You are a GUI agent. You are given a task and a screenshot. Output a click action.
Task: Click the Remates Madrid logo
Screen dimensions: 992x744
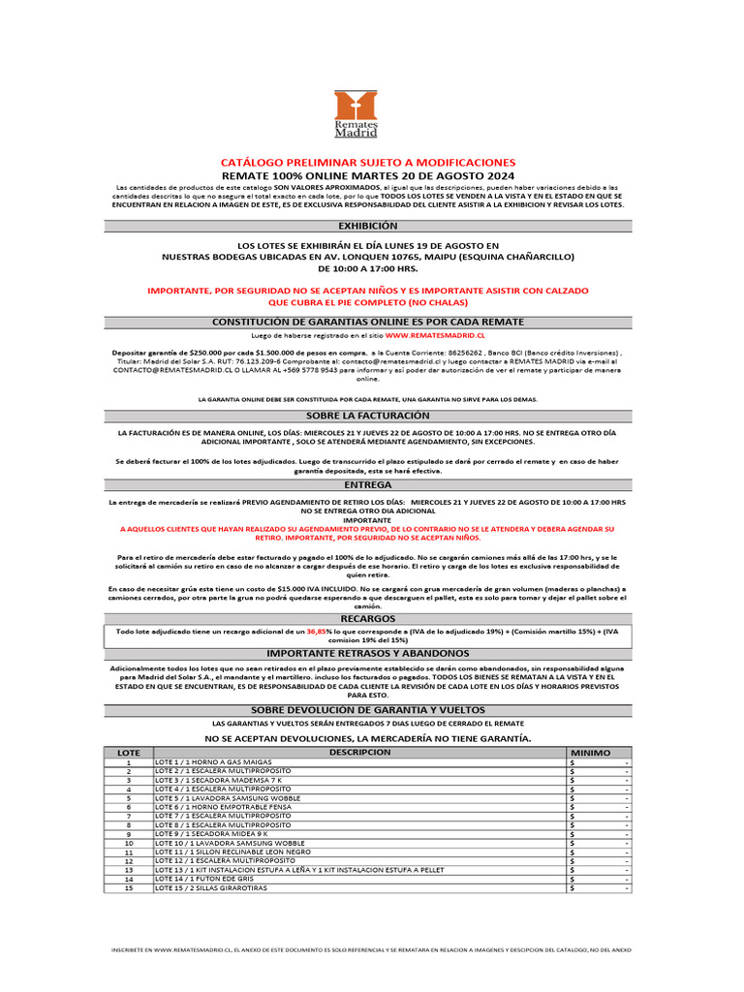pos(356,114)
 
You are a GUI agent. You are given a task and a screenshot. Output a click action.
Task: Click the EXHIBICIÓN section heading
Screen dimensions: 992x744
pos(367,225)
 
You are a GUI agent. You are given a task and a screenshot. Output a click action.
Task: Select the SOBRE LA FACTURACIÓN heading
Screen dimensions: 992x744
pos(367,415)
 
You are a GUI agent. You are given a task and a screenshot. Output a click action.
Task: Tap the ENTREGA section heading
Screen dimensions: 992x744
pos(367,483)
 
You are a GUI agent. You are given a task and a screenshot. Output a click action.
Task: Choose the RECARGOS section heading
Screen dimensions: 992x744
pos(367,617)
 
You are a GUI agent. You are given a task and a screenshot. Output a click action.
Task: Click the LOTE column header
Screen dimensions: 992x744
pos(129,752)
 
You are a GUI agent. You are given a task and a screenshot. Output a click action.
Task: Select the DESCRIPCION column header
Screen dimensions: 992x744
pos(359,752)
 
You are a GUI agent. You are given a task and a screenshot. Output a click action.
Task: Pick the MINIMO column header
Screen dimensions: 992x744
pos(591,752)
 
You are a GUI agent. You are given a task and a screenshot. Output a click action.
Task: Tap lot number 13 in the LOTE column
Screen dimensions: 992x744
pos(129,869)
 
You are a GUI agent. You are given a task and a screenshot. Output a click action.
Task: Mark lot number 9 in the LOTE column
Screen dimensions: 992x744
pos(129,833)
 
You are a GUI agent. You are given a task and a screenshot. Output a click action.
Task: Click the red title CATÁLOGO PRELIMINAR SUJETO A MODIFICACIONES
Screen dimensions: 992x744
pos(368,162)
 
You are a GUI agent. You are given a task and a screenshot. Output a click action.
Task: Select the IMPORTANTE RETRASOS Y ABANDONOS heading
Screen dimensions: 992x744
pos(367,652)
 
